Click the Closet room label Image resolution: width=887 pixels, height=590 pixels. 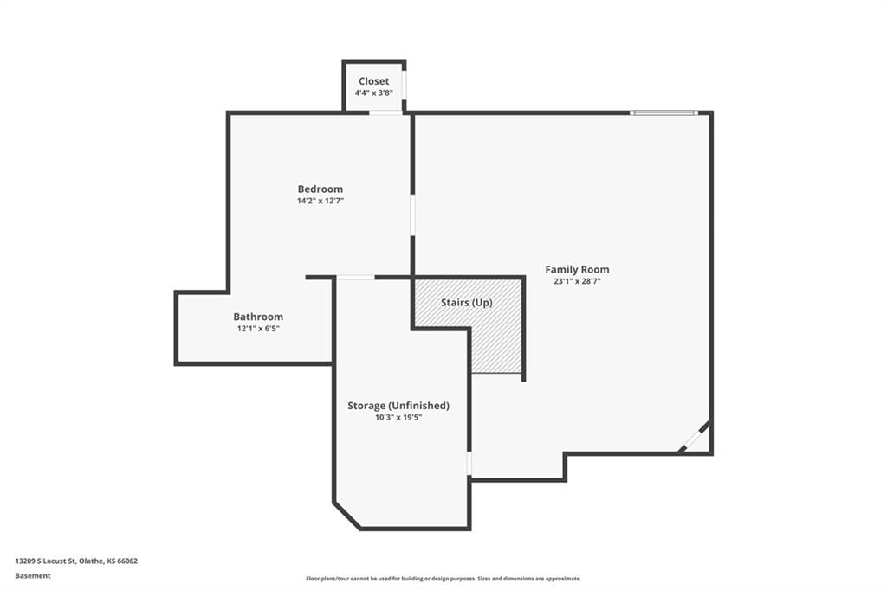click(x=373, y=81)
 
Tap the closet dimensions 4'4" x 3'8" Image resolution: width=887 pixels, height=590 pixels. click(x=373, y=93)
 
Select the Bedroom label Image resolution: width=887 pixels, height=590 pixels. click(x=320, y=189)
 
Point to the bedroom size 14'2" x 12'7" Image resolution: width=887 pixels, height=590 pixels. click(x=320, y=201)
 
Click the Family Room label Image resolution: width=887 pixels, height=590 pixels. click(x=577, y=270)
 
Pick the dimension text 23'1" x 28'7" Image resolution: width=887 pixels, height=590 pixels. click(x=577, y=281)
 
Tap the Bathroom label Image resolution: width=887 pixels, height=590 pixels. click(x=258, y=317)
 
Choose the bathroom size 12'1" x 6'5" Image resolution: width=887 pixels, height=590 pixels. click(x=258, y=329)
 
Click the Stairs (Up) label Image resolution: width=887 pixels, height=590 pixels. click(x=467, y=303)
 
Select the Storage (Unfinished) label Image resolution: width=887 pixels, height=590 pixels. click(x=398, y=406)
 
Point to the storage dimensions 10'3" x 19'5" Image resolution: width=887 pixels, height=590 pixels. click(x=398, y=418)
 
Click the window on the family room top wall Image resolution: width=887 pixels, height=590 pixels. click(x=664, y=113)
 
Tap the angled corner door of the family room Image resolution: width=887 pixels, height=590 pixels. click(x=695, y=436)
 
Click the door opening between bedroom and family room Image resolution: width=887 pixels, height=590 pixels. click(x=412, y=215)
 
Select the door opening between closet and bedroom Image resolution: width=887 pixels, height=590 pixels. click(x=385, y=113)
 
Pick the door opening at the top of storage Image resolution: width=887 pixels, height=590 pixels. click(x=356, y=277)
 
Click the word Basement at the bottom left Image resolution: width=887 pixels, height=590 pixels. click(x=33, y=576)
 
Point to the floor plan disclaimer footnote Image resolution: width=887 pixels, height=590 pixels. click(x=443, y=579)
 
